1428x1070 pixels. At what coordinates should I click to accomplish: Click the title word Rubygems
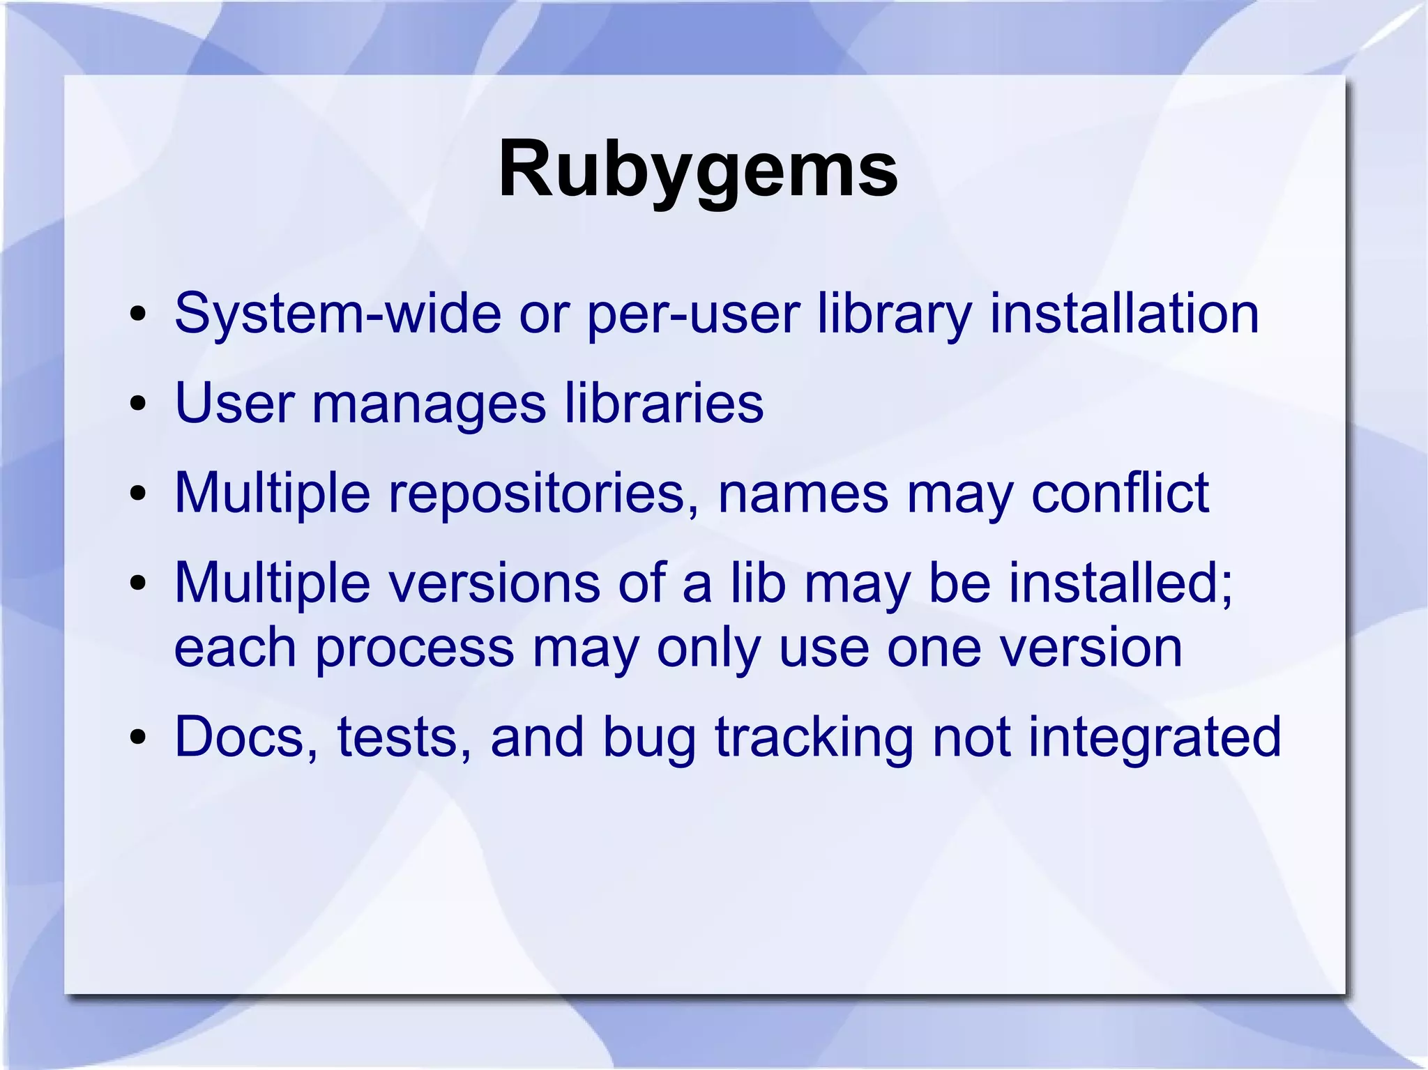pyautogui.click(x=698, y=170)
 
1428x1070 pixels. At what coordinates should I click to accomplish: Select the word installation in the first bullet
pyautogui.click(x=1124, y=313)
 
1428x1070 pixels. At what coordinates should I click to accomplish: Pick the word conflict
pyautogui.click(x=1120, y=493)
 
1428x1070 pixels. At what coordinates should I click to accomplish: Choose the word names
pyautogui.click(x=803, y=493)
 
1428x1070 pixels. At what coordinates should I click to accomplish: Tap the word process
pyautogui.click(x=414, y=648)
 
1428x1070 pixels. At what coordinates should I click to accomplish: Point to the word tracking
pyautogui.click(x=814, y=737)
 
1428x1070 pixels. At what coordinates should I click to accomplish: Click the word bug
pyautogui.click(x=649, y=738)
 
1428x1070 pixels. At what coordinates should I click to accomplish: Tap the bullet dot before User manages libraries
pyautogui.click(x=137, y=405)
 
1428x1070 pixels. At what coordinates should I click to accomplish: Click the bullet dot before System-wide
pyautogui.click(x=137, y=315)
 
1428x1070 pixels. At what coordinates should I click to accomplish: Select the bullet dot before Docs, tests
pyautogui.click(x=137, y=739)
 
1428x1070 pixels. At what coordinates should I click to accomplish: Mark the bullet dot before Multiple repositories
pyautogui.click(x=137, y=495)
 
